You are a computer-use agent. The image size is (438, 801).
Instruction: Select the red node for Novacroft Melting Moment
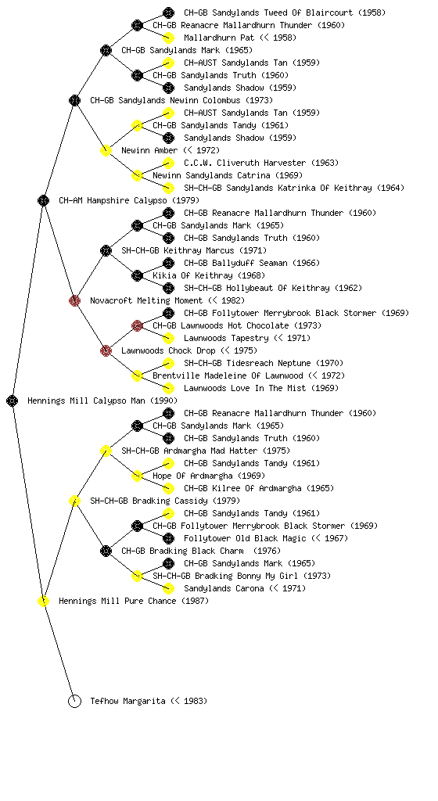[x=74, y=300]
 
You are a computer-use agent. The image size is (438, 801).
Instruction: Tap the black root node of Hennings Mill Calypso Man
[x=13, y=400]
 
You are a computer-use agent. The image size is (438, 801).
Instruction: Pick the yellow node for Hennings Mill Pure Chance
[x=43, y=601]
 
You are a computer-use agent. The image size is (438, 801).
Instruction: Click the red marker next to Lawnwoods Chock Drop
[x=106, y=350]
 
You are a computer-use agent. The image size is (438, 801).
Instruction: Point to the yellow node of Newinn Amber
[x=106, y=150]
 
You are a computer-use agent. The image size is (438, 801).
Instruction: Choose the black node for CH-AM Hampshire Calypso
[x=43, y=200]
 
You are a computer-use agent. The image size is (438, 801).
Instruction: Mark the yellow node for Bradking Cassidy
[x=74, y=501]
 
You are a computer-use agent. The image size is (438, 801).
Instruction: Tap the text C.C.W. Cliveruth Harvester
[x=245, y=163]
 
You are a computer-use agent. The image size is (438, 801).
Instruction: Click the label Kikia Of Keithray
[x=195, y=275]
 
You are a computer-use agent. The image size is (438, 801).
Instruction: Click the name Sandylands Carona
[x=224, y=588]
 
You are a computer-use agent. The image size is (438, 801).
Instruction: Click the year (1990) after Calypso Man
[x=164, y=401]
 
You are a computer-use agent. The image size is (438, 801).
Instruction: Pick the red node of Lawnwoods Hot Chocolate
[x=137, y=325]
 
